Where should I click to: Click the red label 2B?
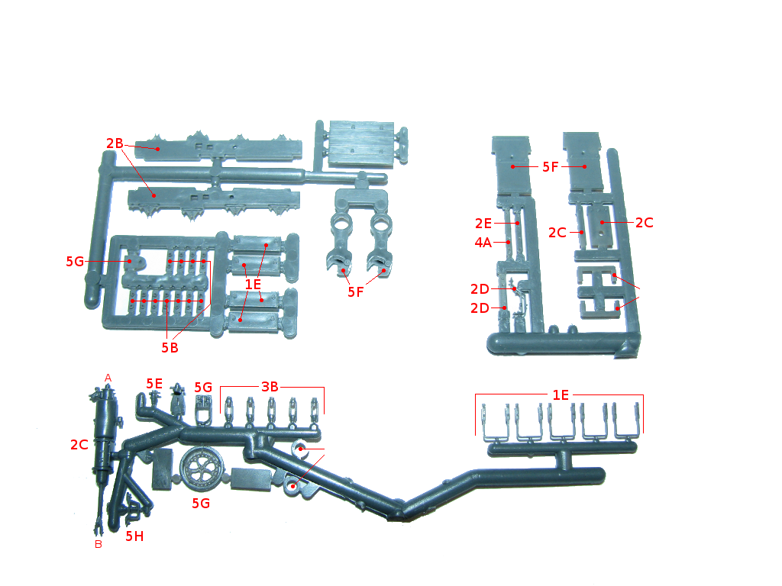tap(115, 143)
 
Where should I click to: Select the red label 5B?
tap(170, 347)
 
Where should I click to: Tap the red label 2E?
tap(483, 224)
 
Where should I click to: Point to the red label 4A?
tap(483, 243)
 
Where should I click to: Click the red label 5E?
tap(154, 383)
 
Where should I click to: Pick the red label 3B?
tap(270, 387)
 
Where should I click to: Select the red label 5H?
tap(134, 536)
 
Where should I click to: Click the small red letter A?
tap(108, 378)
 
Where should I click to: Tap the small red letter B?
tap(99, 544)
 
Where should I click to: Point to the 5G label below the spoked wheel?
tap(201, 504)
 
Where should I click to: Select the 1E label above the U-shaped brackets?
tap(561, 395)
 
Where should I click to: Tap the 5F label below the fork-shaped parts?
tap(356, 292)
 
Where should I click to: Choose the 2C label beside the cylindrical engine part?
tap(79, 445)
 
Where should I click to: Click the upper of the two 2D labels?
tap(480, 289)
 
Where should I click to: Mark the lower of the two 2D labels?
tap(480, 308)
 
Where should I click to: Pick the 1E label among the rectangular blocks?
tap(253, 284)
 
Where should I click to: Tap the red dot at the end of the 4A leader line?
tap(508, 243)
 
